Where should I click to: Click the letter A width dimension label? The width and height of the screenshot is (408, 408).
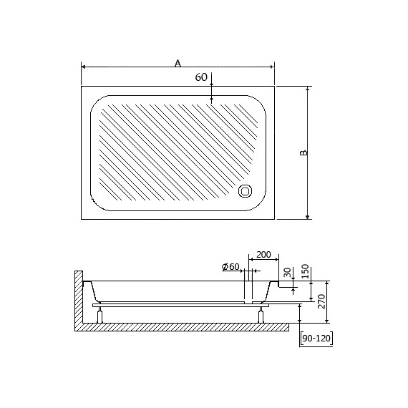tap(178, 62)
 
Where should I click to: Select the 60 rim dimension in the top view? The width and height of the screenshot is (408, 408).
tap(201, 77)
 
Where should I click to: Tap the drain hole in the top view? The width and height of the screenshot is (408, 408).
tap(246, 191)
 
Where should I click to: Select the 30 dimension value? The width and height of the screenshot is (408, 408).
tap(287, 273)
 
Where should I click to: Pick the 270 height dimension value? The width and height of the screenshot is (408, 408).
tap(323, 301)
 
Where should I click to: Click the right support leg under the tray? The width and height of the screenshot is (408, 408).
tap(258, 313)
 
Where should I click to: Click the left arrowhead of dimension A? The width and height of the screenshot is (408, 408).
tap(84, 67)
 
